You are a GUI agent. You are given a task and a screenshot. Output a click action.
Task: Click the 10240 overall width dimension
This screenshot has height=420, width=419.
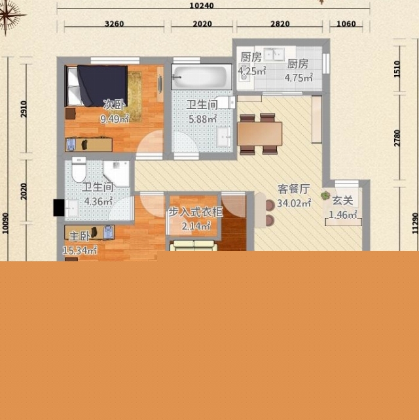202,6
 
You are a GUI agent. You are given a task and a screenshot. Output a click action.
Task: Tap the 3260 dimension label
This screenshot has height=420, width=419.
115,24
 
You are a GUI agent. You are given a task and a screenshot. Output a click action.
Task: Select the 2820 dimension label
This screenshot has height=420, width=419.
280,24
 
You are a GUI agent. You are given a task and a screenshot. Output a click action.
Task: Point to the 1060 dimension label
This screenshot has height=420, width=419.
346,24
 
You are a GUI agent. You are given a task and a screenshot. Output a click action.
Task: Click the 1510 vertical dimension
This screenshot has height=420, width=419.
397,69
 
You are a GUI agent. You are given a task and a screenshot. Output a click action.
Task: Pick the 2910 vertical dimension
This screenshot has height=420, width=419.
24,109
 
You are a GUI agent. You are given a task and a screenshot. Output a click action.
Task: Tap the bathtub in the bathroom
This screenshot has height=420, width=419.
202,76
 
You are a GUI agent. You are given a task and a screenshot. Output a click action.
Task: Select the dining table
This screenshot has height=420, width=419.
259,134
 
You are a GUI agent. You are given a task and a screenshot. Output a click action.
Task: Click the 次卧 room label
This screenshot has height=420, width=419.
114,105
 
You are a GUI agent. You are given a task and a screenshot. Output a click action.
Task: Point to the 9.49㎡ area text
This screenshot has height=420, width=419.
115,118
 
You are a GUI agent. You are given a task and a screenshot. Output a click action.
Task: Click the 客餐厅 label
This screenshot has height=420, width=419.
294,189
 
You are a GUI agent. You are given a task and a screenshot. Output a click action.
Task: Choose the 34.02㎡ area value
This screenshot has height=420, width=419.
294,203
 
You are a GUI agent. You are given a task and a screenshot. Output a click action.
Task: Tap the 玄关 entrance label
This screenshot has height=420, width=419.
342,201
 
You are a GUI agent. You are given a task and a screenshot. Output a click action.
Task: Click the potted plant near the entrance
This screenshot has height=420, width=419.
325,195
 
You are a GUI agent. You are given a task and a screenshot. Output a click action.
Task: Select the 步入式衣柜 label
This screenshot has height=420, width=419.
195,212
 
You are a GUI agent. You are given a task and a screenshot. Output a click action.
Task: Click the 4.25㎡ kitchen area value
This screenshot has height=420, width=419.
252,71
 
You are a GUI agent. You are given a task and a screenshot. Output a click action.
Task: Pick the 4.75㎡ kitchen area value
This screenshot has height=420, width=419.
299,78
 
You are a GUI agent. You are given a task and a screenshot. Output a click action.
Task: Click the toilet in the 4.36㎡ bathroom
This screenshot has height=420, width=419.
79,170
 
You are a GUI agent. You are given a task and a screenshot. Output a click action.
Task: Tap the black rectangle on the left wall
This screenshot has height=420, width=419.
59,208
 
